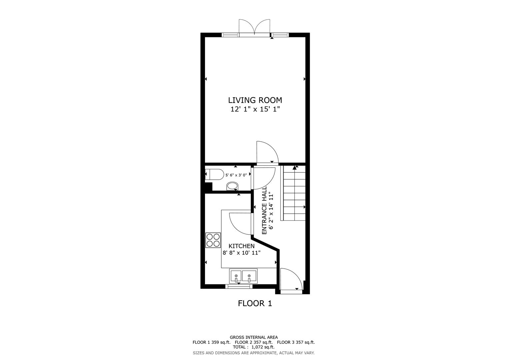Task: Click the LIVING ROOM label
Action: pyautogui.click(x=255, y=100)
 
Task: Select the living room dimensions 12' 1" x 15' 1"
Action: pyautogui.click(x=255, y=109)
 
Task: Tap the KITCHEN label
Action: pyautogui.click(x=241, y=246)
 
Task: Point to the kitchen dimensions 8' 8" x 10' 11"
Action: pyautogui.click(x=241, y=253)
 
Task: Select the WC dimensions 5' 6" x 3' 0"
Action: pyautogui.click(x=236, y=175)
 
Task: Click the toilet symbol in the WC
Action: pyautogui.click(x=214, y=174)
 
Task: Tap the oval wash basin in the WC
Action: pyautogui.click(x=232, y=186)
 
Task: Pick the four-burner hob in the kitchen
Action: pyautogui.click(x=213, y=240)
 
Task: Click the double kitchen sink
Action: pyautogui.click(x=243, y=276)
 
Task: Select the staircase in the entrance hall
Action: pyautogui.click(x=294, y=193)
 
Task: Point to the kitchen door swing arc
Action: pyautogui.click(x=240, y=223)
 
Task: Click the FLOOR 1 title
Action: pyautogui.click(x=255, y=303)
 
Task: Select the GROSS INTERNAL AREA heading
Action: pyautogui.click(x=254, y=337)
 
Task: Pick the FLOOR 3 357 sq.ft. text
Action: pyautogui.click(x=296, y=342)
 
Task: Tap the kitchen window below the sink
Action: pyautogui.click(x=238, y=286)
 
